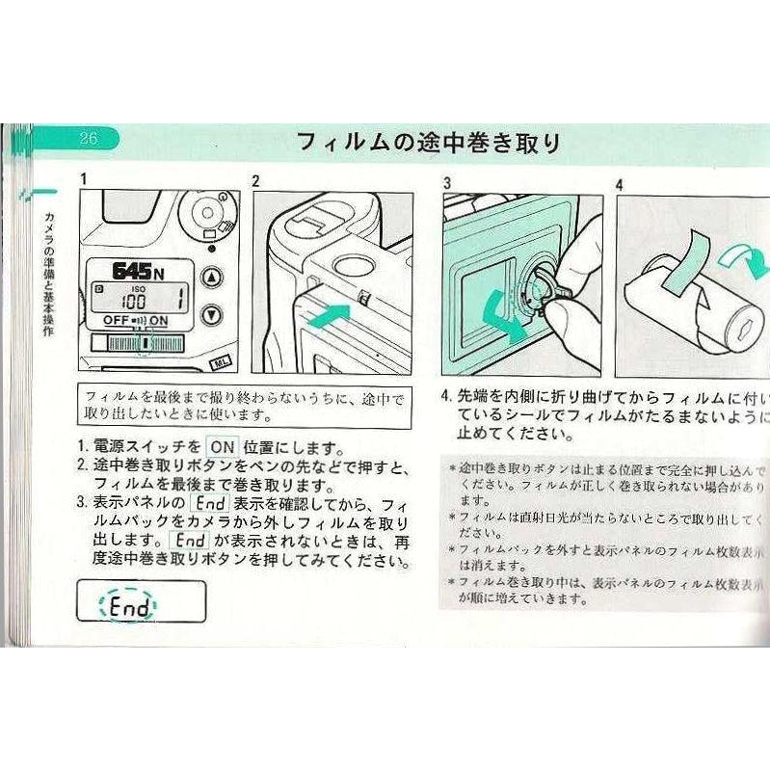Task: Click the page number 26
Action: [x=88, y=138]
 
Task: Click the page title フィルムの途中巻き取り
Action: [x=429, y=143]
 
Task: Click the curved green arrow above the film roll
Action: [x=746, y=257]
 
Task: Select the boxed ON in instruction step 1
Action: [x=222, y=447]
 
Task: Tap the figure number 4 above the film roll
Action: [x=619, y=183]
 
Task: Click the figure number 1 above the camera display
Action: [x=83, y=179]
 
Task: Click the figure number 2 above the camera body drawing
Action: [x=255, y=180]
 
